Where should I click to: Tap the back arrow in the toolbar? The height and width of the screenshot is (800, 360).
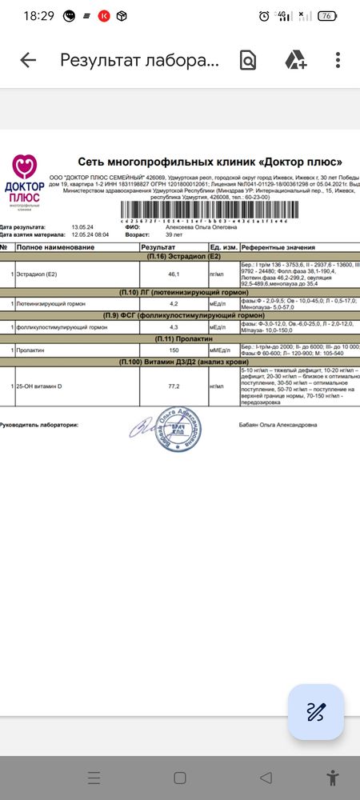28,61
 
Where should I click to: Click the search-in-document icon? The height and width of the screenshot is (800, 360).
248,61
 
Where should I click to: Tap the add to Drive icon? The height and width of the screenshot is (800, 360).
296,61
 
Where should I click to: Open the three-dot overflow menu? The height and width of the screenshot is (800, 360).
338,61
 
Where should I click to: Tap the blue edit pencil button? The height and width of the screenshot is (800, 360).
316,712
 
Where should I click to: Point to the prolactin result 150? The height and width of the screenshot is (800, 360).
173,350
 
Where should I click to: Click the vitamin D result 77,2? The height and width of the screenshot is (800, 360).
173,386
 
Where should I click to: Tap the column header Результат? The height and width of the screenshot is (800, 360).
157,248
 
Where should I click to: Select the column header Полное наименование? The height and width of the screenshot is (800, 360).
51,248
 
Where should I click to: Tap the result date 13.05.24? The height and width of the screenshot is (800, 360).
82,227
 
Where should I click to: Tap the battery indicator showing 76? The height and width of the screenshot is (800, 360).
327,15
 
